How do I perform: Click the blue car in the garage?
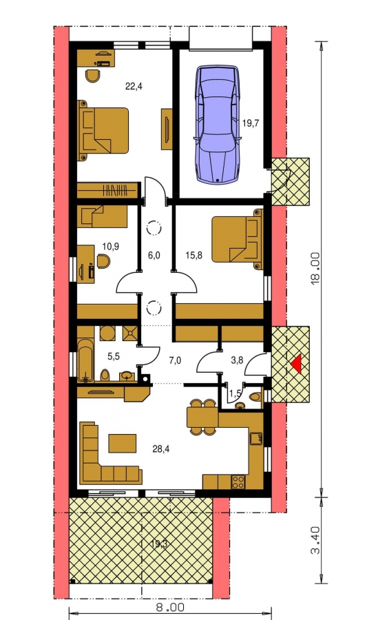click(218, 124)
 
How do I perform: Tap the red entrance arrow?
click(296, 363)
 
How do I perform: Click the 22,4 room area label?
click(134, 86)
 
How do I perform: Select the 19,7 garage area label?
click(250, 123)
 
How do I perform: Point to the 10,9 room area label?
click(111, 247)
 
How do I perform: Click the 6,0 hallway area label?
click(154, 256)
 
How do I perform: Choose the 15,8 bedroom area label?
click(193, 256)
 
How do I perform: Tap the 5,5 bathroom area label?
click(114, 356)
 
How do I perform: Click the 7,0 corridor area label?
click(175, 360)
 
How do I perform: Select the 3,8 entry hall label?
click(236, 360)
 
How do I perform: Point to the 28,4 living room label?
click(161, 448)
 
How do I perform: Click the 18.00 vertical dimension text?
click(315, 269)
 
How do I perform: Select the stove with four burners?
click(238, 482)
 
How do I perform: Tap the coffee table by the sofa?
click(123, 443)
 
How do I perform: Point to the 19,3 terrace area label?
click(159, 544)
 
